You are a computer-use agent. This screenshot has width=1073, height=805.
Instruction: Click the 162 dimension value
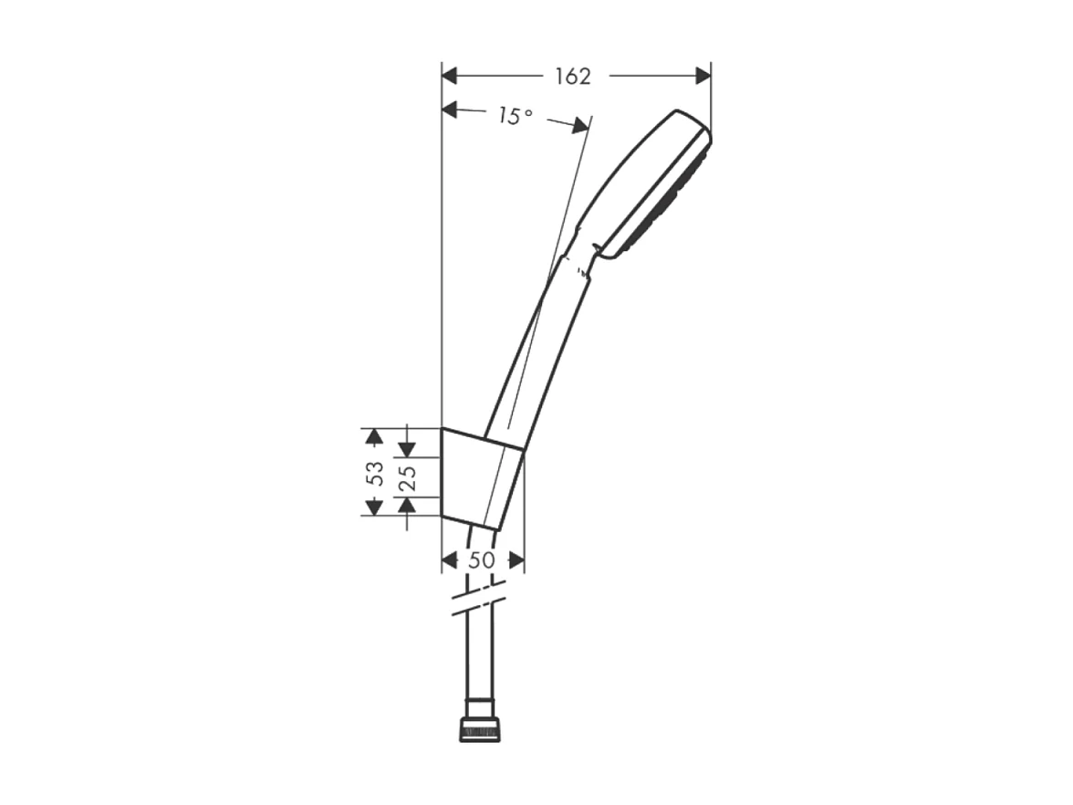(x=573, y=77)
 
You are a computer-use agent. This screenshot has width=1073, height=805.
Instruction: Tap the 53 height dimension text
(x=374, y=473)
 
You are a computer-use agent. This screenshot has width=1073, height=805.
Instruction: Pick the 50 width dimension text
(x=482, y=560)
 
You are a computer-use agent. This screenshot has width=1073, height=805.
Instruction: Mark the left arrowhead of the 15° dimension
(x=449, y=110)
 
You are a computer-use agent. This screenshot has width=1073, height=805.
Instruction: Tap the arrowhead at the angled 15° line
(x=580, y=127)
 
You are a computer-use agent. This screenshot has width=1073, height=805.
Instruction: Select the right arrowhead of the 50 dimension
(x=516, y=559)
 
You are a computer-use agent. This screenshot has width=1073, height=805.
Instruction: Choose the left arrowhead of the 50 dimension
(x=449, y=559)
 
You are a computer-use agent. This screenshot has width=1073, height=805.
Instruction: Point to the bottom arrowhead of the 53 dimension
(x=372, y=507)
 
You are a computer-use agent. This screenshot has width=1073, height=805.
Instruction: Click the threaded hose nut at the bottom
(x=481, y=730)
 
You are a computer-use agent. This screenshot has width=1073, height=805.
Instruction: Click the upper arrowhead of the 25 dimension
(x=407, y=448)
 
